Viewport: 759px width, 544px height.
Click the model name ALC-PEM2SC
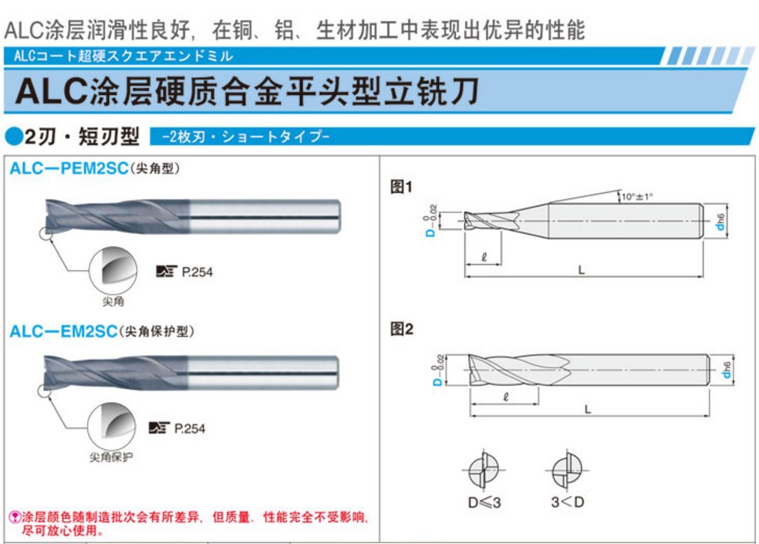coord(68,169)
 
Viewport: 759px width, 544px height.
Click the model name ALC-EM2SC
coord(63,331)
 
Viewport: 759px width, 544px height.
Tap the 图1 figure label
coord(402,187)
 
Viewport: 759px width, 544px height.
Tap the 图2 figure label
coord(402,329)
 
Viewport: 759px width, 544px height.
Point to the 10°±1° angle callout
coord(637,197)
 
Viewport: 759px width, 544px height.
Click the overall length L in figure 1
coord(582,269)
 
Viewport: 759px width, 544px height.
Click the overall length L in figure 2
coord(588,410)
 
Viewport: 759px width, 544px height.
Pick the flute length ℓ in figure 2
coord(504,397)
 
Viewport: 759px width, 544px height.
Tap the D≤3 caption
coord(484,502)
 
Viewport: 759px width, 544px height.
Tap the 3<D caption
coord(568,502)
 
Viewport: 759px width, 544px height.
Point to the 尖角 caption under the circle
coord(113,302)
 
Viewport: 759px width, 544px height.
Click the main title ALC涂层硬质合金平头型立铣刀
coord(247,92)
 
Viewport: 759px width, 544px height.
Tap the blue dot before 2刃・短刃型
coord(13,137)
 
